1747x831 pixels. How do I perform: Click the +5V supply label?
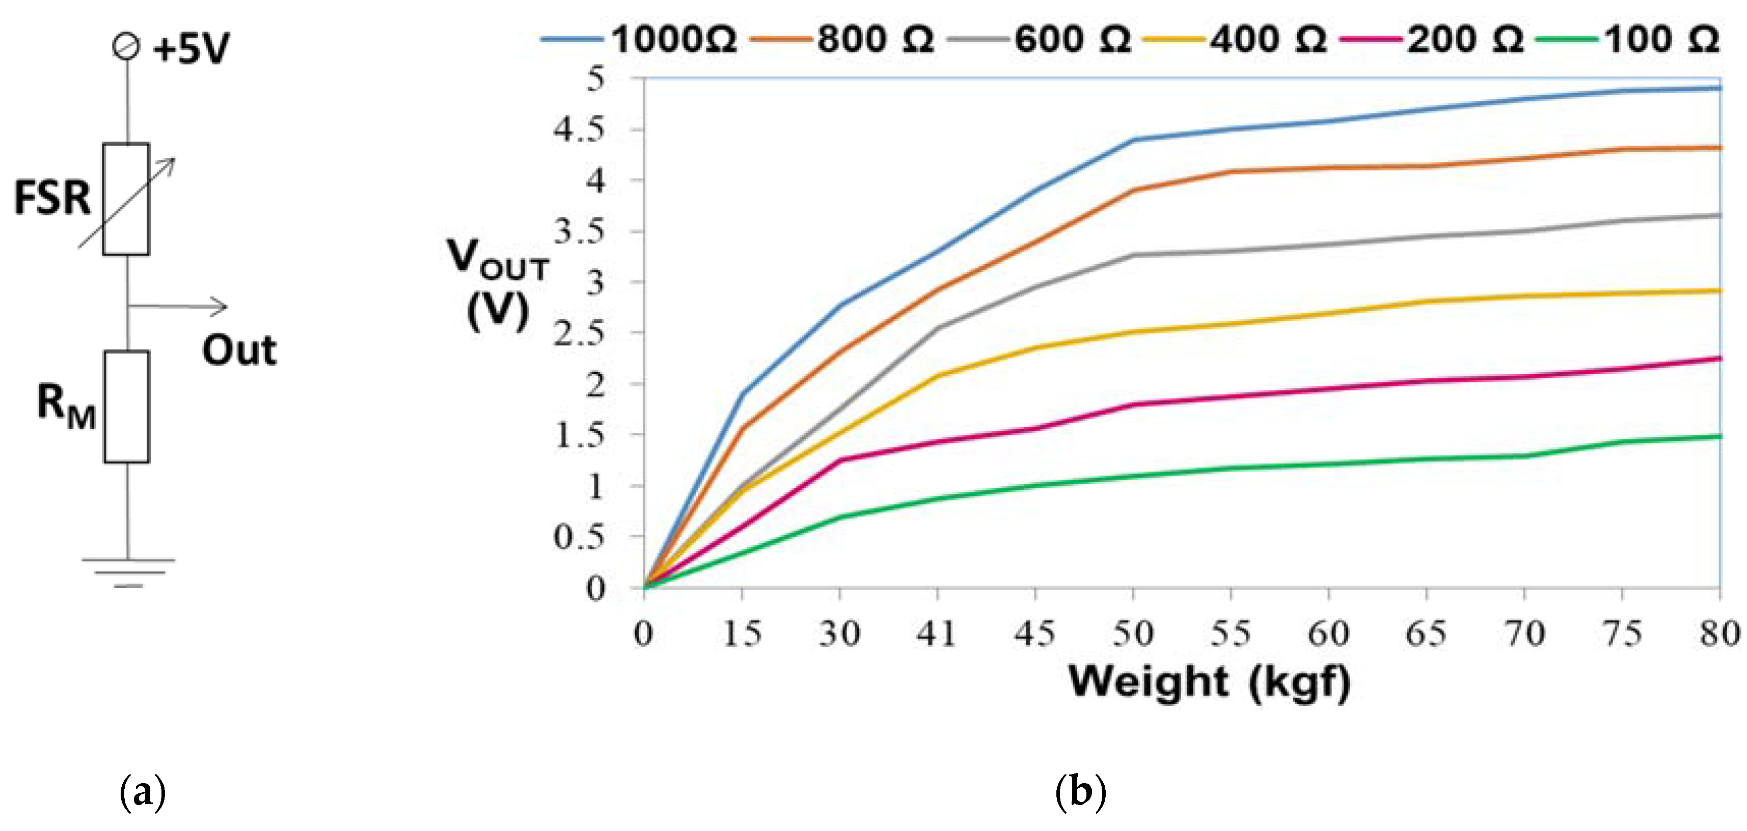pyautogui.click(x=190, y=49)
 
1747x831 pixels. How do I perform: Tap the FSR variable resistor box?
pyautogui.click(x=126, y=199)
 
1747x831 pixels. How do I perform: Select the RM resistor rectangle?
pyautogui.click(x=127, y=407)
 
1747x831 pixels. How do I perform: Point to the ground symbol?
pyautogui.click(x=128, y=571)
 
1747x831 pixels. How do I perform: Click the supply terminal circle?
pyautogui.click(x=127, y=47)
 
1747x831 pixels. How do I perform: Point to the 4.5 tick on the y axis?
pyautogui.click(x=578, y=129)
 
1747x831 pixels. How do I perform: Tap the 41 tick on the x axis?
pyautogui.click(x=937, y=634)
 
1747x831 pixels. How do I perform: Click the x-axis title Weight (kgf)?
pyautogui.click(x=1209, y=681)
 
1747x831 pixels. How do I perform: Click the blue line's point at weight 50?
pyautogui.click(x=1133, y=140)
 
